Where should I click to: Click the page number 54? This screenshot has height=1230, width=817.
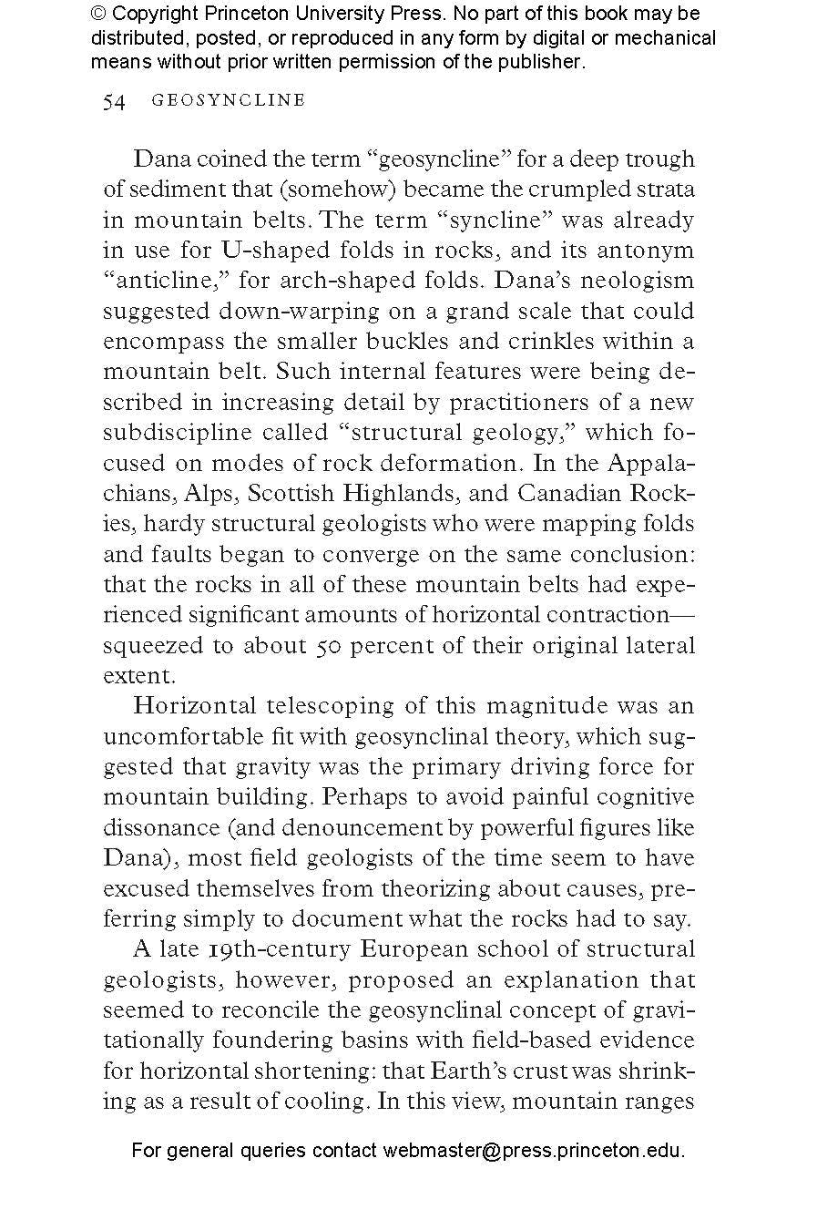click(x=114, y=101)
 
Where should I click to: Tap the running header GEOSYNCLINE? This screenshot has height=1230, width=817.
click(x=229, y=101)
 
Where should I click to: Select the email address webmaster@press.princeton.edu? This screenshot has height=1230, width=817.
click(x=533, y=1150)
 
